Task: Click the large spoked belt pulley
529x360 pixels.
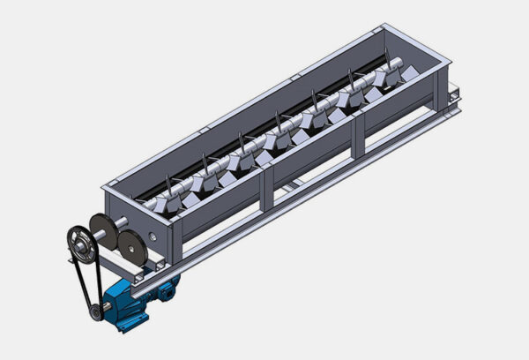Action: pos(81,239)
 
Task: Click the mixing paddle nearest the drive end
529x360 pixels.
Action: pos(162,205)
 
